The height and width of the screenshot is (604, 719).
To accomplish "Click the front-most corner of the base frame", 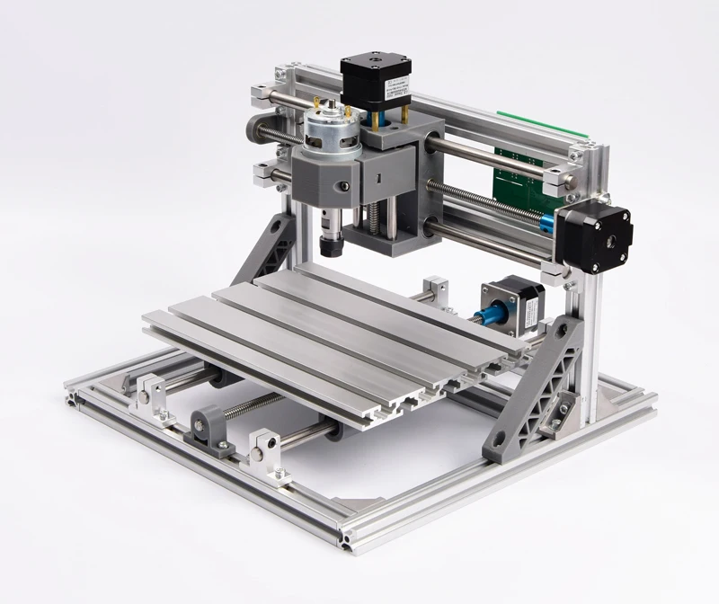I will point(346,540).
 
